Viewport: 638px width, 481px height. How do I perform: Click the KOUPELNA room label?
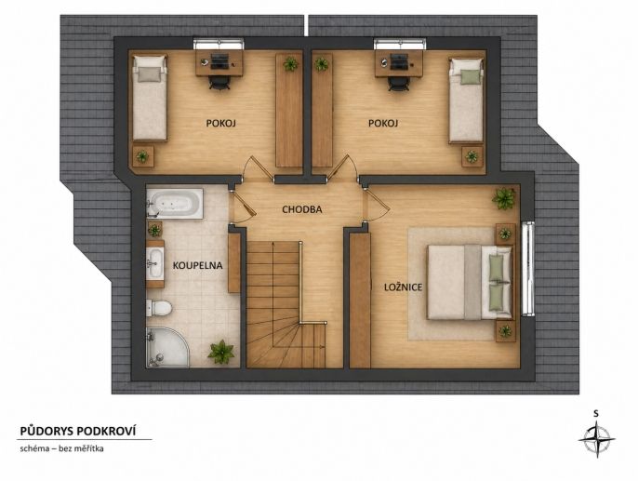(197, 266)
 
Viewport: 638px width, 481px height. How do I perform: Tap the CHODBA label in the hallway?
(302, 209)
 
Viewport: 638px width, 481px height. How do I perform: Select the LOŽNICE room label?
(404, 287)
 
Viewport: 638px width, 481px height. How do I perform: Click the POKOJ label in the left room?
(221, 123)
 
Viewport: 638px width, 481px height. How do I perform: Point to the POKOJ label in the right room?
(383, 123)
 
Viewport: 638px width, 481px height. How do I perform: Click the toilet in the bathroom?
(159, 308)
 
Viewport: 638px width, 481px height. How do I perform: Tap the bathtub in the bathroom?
(175, 203)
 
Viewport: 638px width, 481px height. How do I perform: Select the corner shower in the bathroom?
(166, 348)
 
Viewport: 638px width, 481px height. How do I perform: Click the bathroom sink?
(155, 263)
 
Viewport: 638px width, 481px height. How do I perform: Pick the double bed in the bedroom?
(469, 282)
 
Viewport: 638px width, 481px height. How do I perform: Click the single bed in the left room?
(150, 98)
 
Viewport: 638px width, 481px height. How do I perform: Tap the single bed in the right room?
(466, 100)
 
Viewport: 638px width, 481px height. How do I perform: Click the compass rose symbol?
(596, 439)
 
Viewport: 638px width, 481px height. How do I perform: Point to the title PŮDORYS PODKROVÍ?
(78, 431)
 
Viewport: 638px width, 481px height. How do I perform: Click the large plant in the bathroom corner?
(221, 352)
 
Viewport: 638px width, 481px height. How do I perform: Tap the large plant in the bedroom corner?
(504, 198)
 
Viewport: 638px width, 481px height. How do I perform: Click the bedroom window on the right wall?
(527, 268)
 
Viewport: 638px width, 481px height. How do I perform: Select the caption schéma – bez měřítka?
(61, 448)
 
